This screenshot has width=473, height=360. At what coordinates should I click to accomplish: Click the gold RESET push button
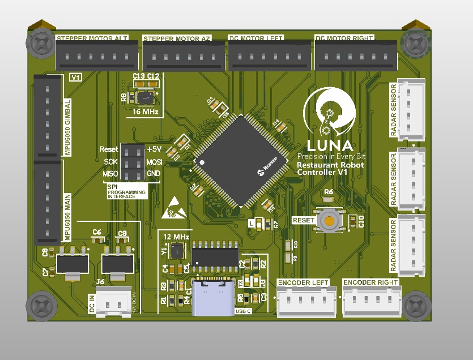(x=329, y=220)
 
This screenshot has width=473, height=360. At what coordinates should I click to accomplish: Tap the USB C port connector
(x=213, y=298)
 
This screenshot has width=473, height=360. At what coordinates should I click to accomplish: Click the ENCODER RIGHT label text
(x=370, y=282)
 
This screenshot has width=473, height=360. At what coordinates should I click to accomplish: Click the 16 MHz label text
(x=145, y=112)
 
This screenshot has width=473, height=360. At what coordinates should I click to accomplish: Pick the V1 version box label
(x=75, y=77)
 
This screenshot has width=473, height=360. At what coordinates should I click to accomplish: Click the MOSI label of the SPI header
(x=155, y=162)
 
